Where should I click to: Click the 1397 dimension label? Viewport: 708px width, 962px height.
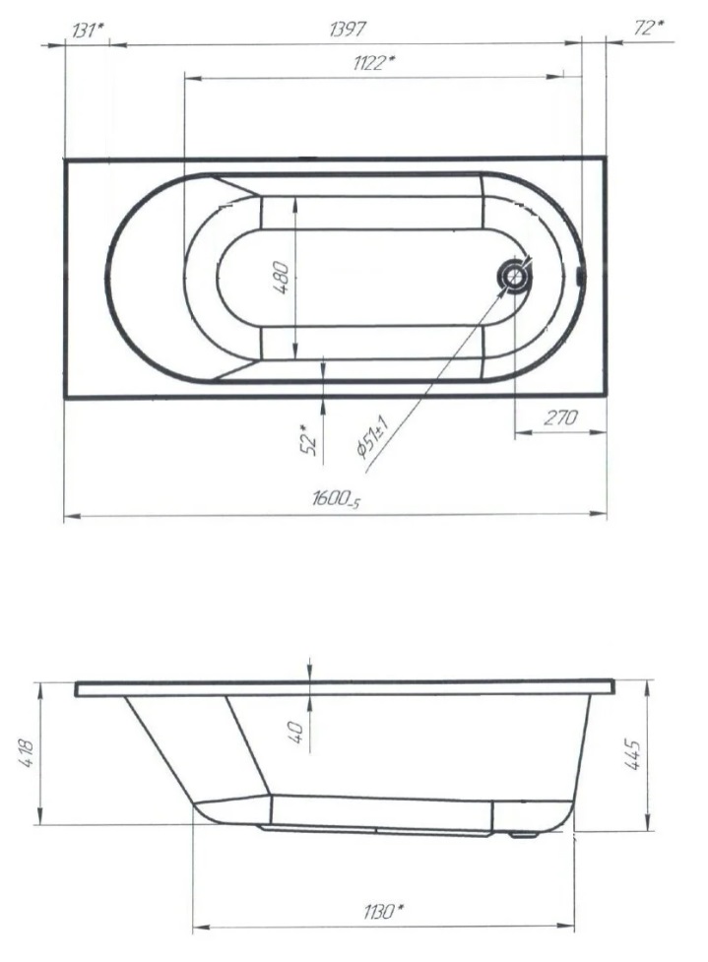coord(348,29)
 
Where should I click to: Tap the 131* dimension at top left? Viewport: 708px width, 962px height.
coord(88,31)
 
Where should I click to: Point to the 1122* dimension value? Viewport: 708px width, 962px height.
coord(373,62)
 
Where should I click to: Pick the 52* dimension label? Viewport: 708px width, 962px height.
coord(310,439)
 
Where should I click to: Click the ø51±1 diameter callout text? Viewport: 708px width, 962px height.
coord(371,437)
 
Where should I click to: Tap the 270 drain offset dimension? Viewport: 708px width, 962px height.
coord(560,417)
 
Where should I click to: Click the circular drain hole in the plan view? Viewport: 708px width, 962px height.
coord(515,277)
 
